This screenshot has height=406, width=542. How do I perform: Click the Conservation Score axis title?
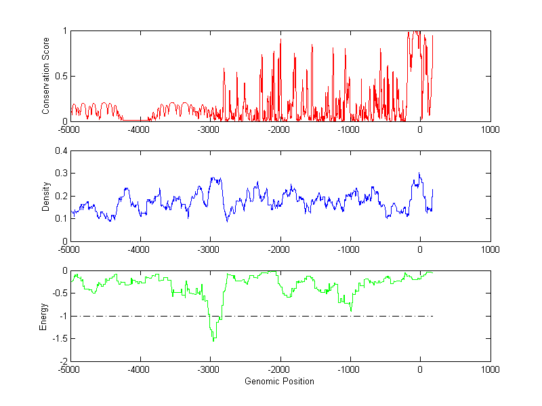point(46,76)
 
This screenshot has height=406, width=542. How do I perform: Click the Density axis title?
point(46,196)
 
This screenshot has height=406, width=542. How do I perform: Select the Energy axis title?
point(43,317)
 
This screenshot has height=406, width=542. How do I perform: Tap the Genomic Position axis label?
point(279,382)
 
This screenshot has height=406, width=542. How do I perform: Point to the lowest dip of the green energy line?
point(214,340)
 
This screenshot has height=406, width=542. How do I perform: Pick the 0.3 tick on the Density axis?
point(60,174)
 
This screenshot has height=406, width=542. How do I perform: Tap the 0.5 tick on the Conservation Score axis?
point(60,76)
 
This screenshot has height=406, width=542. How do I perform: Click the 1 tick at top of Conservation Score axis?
point(64,31)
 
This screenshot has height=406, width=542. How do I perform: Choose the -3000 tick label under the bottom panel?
point(209,370)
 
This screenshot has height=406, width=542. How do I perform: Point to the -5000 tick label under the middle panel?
point(70,249)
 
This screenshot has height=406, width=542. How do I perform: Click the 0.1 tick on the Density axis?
point(60,218)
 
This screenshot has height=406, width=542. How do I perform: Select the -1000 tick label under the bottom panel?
point(350,370)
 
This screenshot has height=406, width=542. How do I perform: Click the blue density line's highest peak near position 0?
point(419,174)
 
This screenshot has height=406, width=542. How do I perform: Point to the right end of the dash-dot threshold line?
point(432,316)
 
